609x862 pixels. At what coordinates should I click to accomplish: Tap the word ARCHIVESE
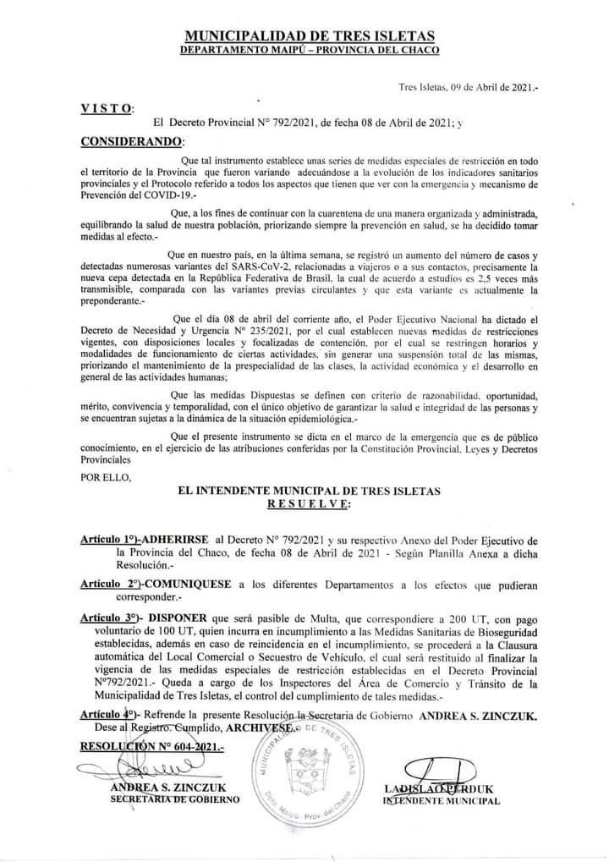point(263,727)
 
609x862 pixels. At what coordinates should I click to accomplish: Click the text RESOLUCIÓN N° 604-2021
point(151,747)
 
